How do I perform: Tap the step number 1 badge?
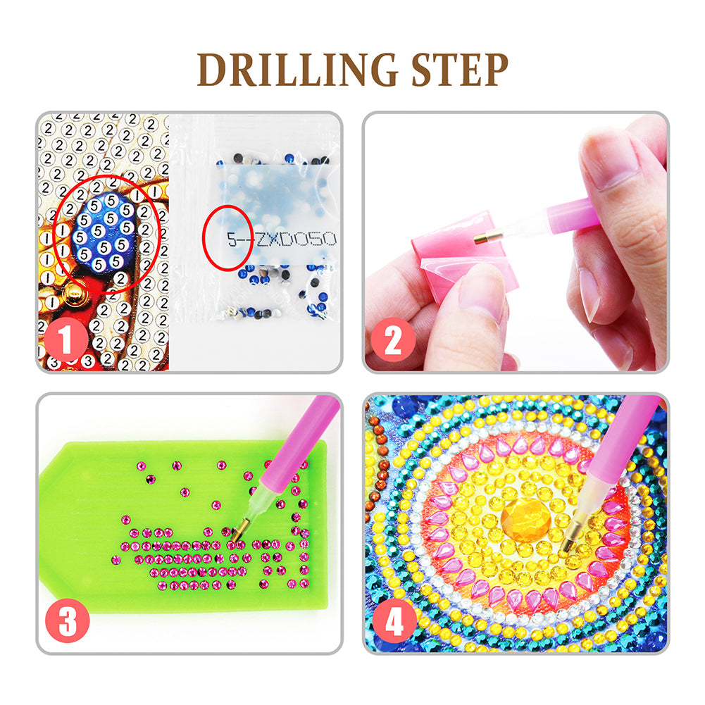point(67,341)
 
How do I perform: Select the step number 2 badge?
point(393,341)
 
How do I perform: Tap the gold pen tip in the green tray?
point(238,530)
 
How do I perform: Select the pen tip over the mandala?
point(570,538)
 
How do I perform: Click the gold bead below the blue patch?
point(73,294)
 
